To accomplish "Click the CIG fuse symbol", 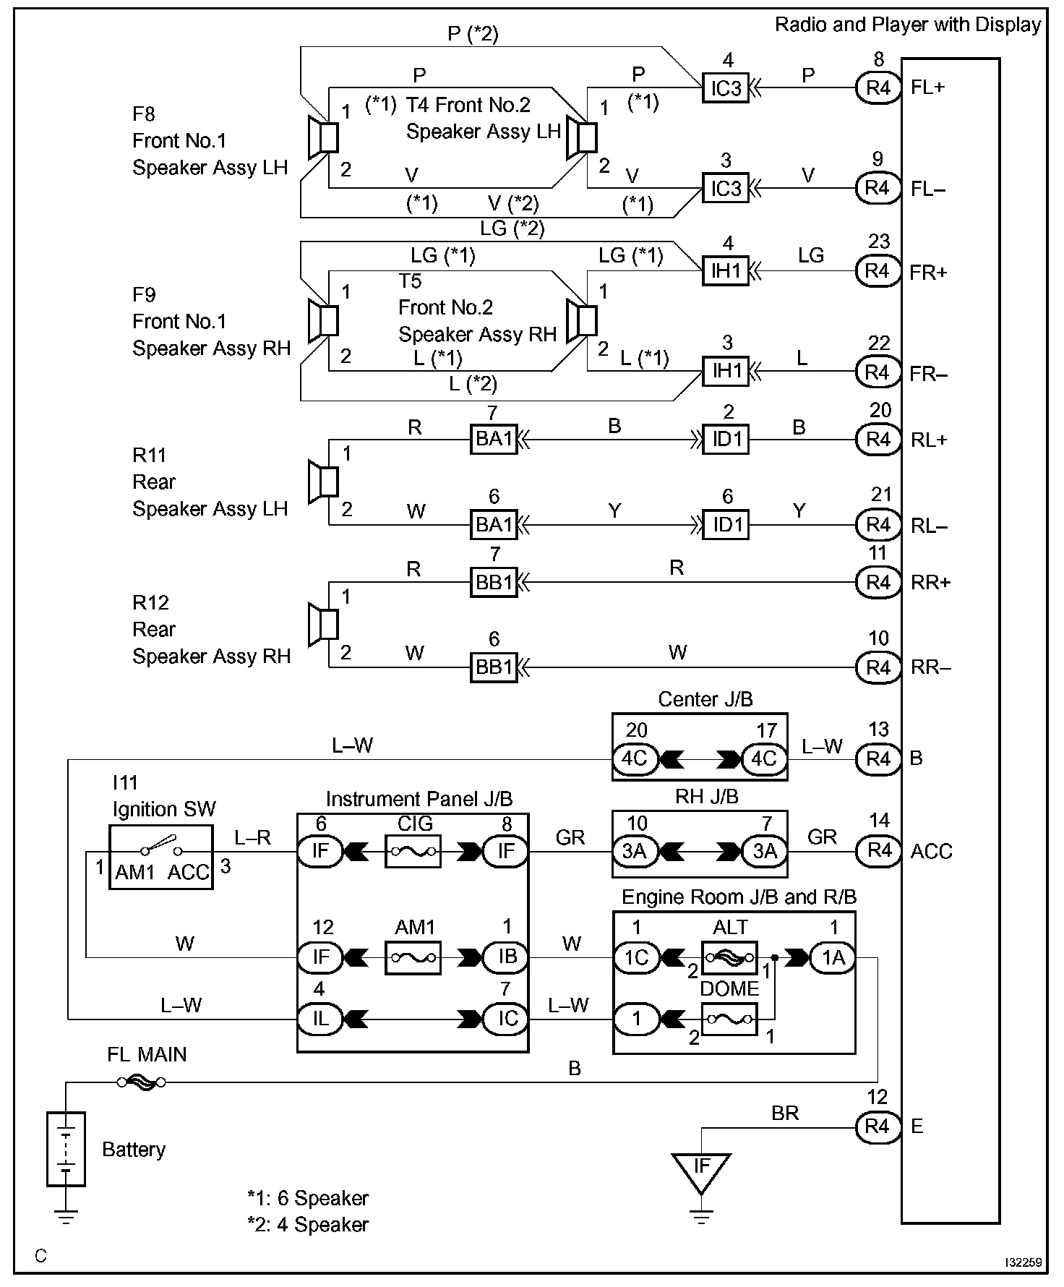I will pos(413,852).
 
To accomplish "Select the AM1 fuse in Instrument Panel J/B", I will pos(413,957).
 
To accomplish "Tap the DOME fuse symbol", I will pos(729,1019).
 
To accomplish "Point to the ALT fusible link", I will pos(729,958).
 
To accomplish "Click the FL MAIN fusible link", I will pos(141,1082).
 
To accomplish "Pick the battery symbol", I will pos(66,1149).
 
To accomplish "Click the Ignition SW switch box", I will pos(161,857).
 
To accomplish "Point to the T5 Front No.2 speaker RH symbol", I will pos(582,320).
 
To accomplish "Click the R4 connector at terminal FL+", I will pos(878,87).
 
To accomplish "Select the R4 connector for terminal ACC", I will pos(878,850).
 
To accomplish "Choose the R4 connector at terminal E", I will pos(878,1126).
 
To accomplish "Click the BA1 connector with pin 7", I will pos(494,439).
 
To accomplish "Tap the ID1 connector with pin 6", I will pos(726,524).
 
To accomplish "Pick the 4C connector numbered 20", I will pos(635,758).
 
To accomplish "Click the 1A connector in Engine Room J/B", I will pos(833,958).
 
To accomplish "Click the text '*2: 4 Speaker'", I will pos(308,1225).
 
